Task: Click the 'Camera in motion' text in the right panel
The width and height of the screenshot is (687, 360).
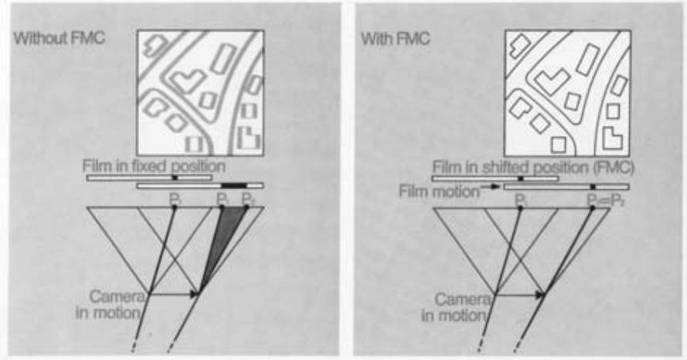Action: (460, 305)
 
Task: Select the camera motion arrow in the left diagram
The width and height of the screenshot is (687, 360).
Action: (175, 294)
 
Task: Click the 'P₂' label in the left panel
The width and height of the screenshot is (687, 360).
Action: (246, 200)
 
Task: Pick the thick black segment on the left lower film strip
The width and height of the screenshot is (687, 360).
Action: (234, 185)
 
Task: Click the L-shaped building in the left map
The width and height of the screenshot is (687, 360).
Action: (249, 140)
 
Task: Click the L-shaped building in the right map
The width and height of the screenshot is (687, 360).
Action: (614, 140)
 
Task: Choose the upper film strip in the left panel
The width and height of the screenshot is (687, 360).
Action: (149, 178)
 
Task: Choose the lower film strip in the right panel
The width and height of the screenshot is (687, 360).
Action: (566, 186)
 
